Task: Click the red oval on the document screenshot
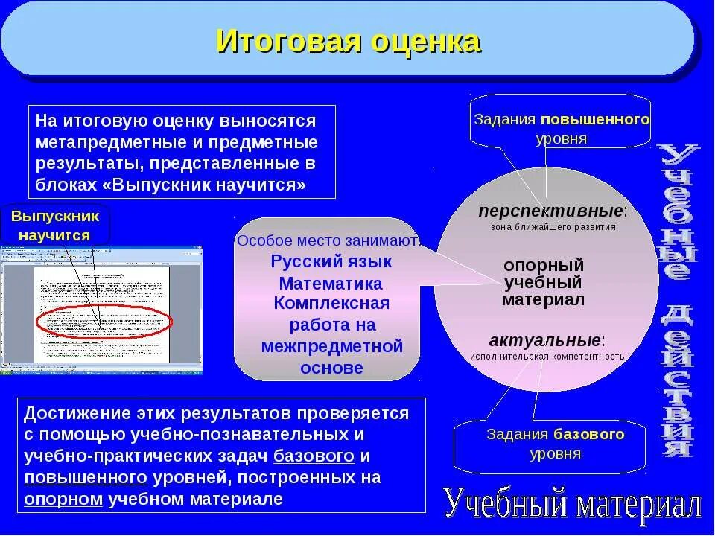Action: pyautogui.click(x=104, y=322)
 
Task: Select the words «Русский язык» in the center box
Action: pyautogui.click(x=331, y=261)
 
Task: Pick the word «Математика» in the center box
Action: pyautogui.click(x=331, y=284)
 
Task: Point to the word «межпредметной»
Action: pyautogui.click(x=332, y=346)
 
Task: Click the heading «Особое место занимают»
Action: pyautogui.click(x=328, y=240)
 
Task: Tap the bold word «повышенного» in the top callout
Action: pyautogui.click(x=595, y=119)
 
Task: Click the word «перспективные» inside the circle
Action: pyautogui.click(x=550, y=211)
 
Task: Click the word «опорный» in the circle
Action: pyautogui.click(x=543, y=266)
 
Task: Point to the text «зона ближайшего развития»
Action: pyautogui.click(x=553, y=227)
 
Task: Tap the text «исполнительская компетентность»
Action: pyautogui.click(x=547, y=357)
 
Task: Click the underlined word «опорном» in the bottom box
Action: pyautogui.click(x=63, y=499)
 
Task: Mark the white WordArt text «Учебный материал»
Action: pyautogui.click(x=573, y=505)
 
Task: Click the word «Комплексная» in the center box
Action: pyautogui.click(x=331, y=304)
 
